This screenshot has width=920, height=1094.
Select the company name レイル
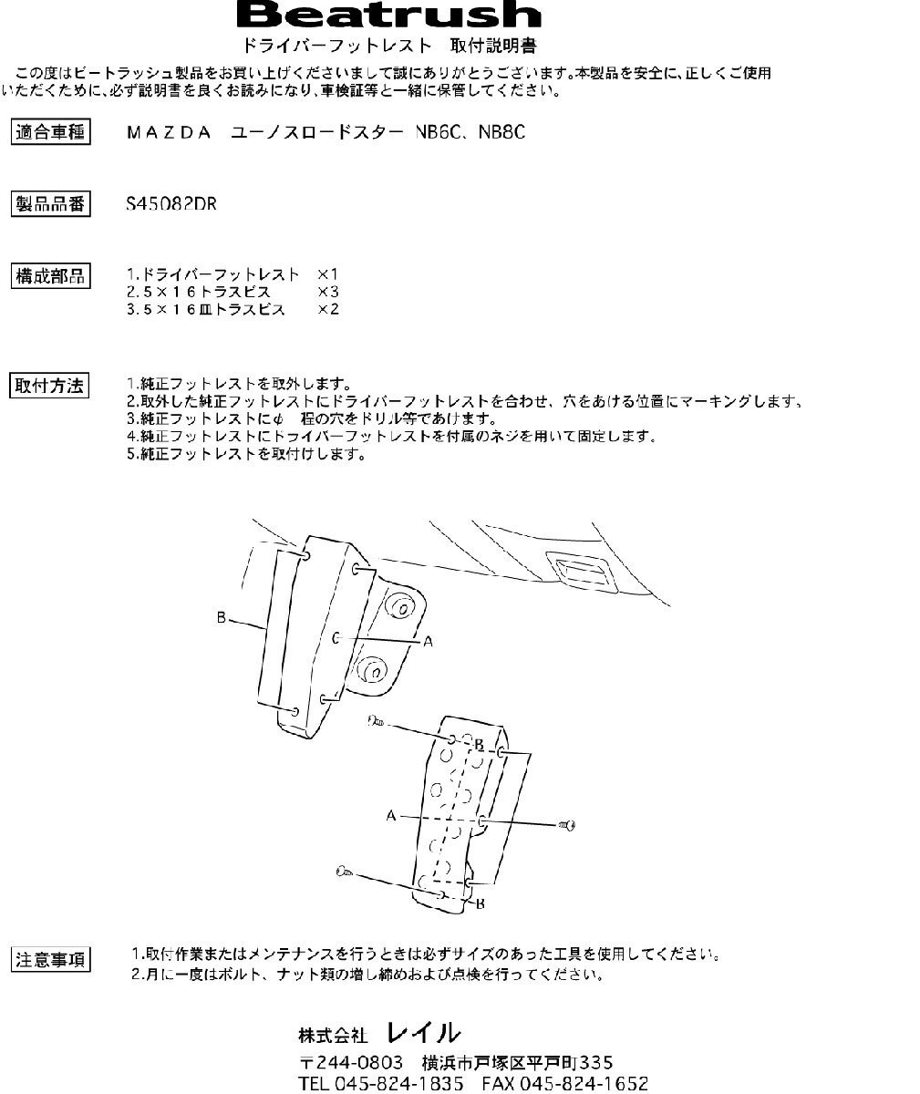423,1033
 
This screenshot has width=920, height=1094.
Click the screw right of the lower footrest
566,825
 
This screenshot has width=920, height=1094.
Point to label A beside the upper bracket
428,642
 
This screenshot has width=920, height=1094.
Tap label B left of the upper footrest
221,618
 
